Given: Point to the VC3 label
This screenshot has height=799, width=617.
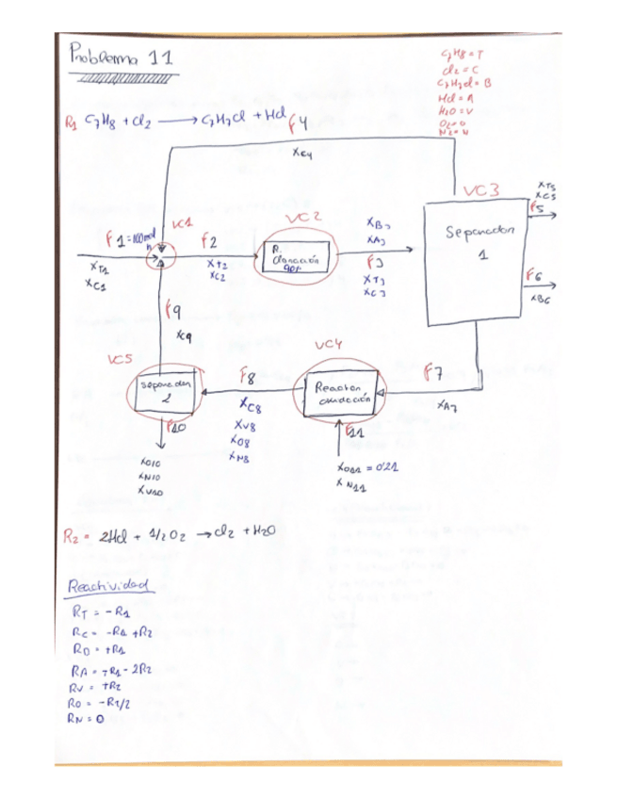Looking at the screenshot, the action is click(x=480, y=192).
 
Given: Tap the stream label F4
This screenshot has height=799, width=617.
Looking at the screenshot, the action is click(x=299, y=122).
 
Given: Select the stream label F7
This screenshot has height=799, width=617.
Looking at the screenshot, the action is click(x=433, y=373).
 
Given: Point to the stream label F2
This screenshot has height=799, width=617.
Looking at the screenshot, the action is click(x=208, y=242).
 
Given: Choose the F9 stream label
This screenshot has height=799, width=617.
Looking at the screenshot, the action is click(x=174, y=311).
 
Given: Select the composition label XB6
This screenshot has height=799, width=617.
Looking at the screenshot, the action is click(x=541, y=300).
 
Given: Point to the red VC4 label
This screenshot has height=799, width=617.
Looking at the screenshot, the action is click(x=329, y=346).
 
